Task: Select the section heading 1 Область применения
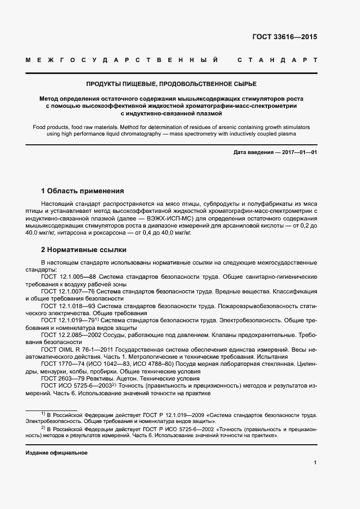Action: click(83, 191)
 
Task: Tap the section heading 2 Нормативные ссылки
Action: click(84, 250)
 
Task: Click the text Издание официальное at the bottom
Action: click(56, 453)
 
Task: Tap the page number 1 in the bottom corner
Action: click(315, 463)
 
